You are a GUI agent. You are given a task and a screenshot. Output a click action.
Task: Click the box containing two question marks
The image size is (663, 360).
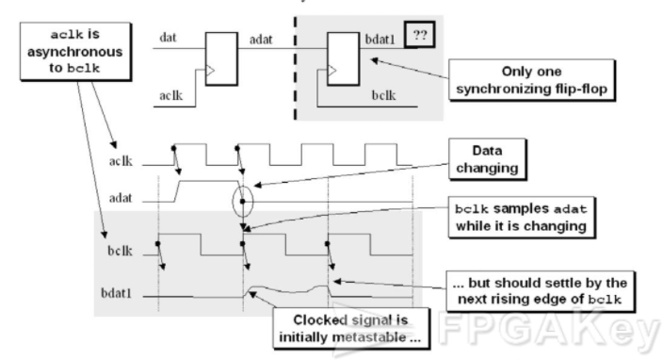(x=419, y=35)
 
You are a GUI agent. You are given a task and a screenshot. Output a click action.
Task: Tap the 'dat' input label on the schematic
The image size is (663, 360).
(x=168, y=38)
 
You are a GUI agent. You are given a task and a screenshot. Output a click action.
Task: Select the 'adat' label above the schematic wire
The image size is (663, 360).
(x=261, y=40)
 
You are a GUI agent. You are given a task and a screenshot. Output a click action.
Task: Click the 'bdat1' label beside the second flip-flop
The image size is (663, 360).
(x=380, y=40)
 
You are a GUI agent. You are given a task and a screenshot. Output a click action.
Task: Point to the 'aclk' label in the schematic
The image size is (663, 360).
(x=170, y=95)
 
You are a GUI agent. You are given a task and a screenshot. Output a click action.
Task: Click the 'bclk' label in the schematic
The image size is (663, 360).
(x=383, y=95)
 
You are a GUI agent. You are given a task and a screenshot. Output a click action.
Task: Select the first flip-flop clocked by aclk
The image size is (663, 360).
(x=221, y=59)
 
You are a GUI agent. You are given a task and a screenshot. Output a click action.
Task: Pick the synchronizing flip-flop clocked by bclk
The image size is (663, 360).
(x=344, y=59)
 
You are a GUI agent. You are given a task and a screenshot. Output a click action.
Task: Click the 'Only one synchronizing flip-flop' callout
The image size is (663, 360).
(x=531, y=80)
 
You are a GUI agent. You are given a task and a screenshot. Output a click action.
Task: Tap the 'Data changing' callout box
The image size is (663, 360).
(x=487, y=159)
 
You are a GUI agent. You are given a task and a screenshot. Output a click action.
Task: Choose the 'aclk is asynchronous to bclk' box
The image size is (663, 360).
(x=75, y=51)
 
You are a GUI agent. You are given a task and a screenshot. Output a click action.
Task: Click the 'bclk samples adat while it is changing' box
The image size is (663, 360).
(x=522, y=218)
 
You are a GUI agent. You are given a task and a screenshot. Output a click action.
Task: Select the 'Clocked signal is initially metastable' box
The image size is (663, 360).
(x=351, y=328)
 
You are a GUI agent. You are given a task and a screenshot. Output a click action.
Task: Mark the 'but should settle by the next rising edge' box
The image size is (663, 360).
(x=541, y=291)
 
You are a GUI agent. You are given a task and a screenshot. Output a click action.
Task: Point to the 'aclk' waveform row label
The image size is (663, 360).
(x=121, y=161)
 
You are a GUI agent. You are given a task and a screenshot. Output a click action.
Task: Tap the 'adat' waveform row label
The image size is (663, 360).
(x=121, y=198)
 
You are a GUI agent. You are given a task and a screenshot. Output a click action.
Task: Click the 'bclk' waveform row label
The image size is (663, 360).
(x=120, y=251)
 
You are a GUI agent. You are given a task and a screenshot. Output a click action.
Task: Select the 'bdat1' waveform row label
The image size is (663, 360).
(x=116, y=293)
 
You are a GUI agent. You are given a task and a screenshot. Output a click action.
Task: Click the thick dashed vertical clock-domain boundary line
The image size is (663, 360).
(x=295, y=68)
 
